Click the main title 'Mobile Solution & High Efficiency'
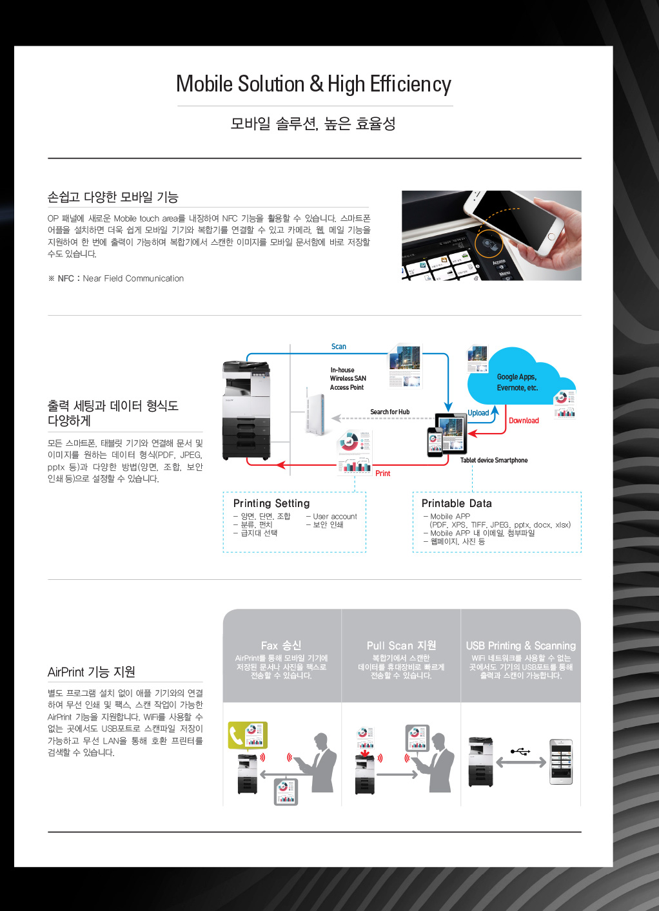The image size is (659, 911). click(x=313, y=84)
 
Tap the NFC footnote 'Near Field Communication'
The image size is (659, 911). click(x=133, y=278)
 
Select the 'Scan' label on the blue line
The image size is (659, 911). click(x=339, y=347)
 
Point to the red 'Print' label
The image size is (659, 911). click(x=382, y=474)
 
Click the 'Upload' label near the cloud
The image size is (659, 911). click(x=478, y=413)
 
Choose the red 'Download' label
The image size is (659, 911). click(x=524, y=421)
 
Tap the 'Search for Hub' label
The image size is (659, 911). click(x=389, y=412)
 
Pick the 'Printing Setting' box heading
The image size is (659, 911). click(x=271, y=503)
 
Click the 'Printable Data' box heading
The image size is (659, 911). click(x=457, y=503)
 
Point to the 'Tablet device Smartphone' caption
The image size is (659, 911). click(x=494, y=460)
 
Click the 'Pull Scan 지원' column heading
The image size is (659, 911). click(x=401, y=646)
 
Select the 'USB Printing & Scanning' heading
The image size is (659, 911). click(x=520, y=646)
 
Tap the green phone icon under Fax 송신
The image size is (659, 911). click(x=237, y=735)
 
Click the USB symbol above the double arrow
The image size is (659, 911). click(x=520, y=751)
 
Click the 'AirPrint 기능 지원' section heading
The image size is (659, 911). click(x=92, y=672)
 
